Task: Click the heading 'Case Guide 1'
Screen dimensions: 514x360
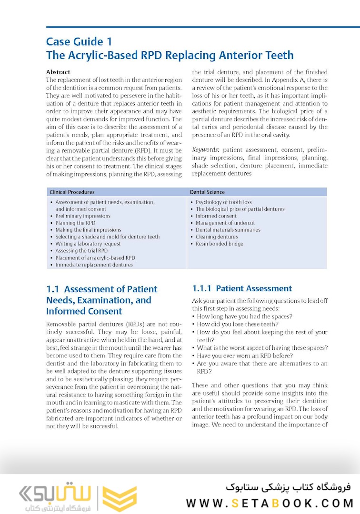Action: pos(79,41)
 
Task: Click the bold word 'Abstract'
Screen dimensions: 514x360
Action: pos(58,72)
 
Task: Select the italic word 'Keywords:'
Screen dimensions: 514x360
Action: pos(206,150)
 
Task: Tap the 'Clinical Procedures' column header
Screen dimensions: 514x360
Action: pos(72,192)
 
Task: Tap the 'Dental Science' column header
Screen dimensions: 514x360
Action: pos(207,192)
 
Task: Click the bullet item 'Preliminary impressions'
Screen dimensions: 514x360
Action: pos(83,216)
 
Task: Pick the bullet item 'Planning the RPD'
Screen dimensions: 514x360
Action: pos(75,223)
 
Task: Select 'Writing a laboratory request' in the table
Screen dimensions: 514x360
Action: pos(88,244)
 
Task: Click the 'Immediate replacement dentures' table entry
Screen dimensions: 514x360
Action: pos(94,265)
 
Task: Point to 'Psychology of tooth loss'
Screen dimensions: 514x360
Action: pos(224,202)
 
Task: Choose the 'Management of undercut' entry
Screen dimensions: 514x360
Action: pos(225,223)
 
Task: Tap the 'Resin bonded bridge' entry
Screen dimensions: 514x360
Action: pos(220,244)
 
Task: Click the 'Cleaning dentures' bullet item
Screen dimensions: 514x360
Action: pos(217,237)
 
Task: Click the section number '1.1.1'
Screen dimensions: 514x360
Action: pos(202,288)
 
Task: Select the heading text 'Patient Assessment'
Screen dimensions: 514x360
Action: pos(254,288)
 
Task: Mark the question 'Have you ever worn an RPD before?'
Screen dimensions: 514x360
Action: pos(245,356)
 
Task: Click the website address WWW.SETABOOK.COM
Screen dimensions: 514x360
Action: pos(270,503)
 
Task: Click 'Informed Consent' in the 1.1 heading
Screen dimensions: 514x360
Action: pos(84,311)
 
